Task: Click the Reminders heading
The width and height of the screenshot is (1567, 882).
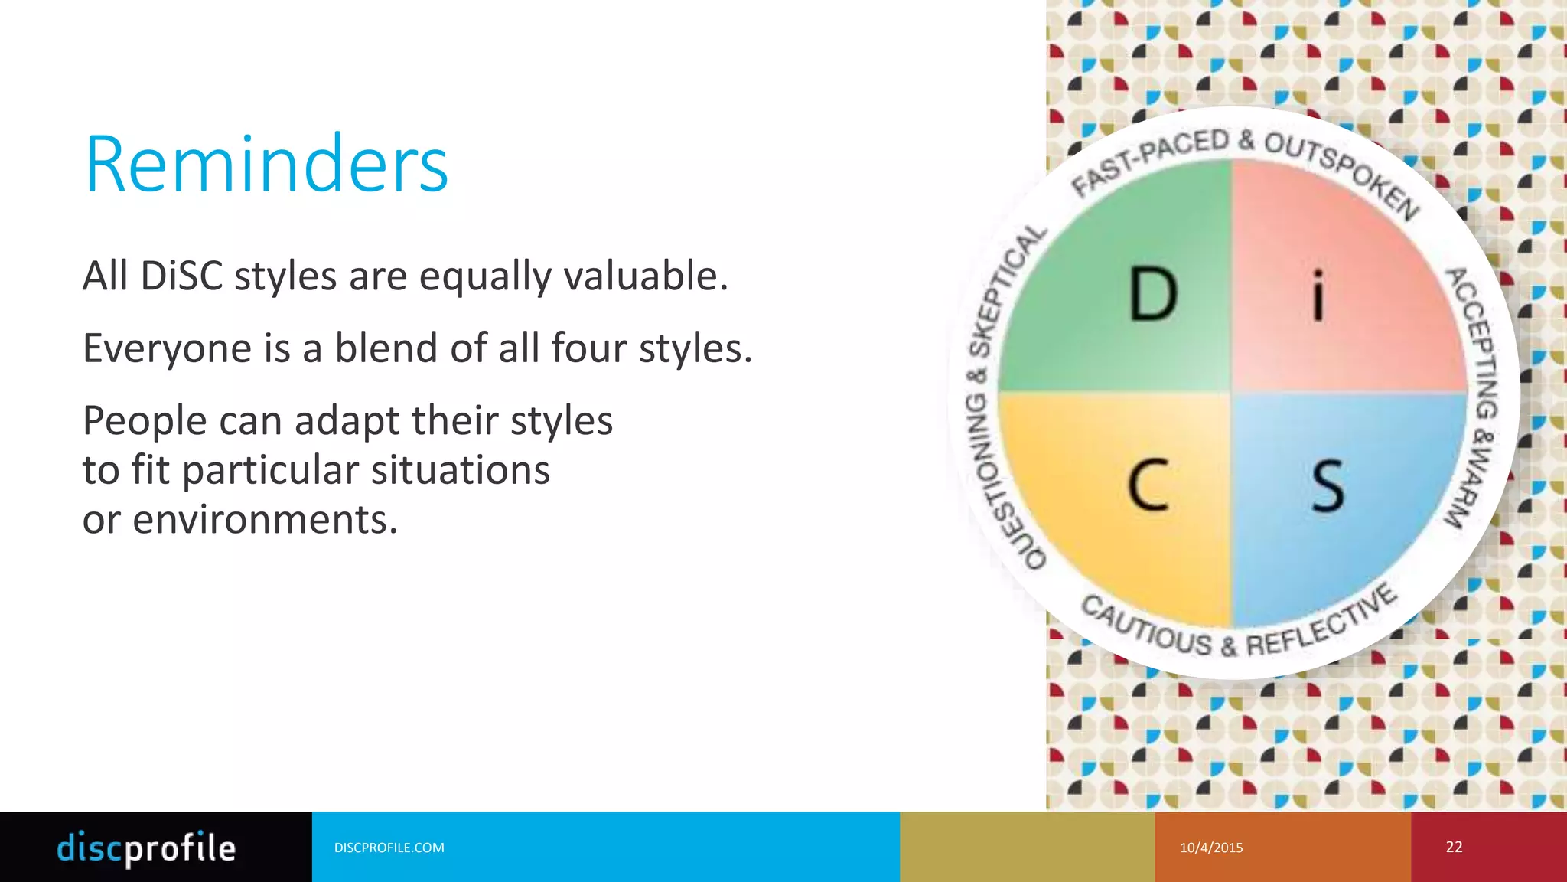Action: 266,165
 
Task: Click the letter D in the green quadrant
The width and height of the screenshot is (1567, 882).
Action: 1153,295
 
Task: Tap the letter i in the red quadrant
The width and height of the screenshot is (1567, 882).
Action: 1318,295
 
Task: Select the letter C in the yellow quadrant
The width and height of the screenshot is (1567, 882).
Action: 1148,485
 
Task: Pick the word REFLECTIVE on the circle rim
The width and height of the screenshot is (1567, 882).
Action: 1324,624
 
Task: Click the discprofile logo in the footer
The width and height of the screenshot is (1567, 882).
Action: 146,848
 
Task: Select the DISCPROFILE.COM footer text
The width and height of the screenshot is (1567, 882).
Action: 389,848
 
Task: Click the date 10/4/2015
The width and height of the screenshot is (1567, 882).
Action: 1211,848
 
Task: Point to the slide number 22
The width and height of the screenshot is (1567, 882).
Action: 1454,847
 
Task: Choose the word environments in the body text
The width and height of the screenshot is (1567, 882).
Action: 265,520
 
